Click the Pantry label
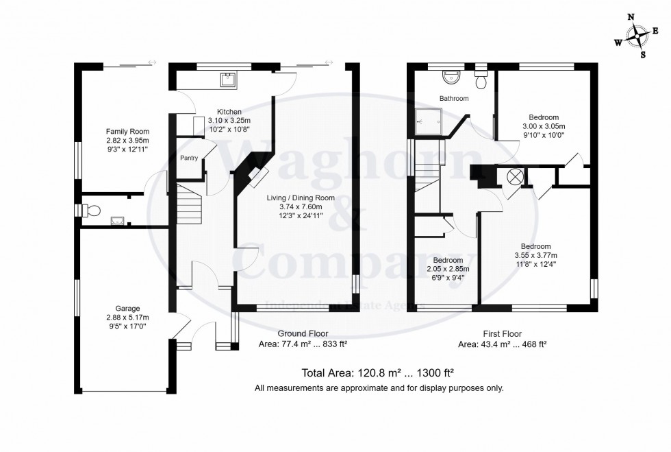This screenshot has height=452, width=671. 189,158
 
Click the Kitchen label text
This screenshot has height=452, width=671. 229,112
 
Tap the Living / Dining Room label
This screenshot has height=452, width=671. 301,198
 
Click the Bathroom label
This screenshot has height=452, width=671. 454,99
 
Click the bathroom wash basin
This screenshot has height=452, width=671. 451,76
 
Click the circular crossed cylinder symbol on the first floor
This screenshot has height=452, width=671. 514,176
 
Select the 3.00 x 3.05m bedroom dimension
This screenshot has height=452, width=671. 544,126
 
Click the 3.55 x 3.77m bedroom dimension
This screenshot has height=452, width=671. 535,256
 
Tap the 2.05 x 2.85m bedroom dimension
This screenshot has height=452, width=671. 444,270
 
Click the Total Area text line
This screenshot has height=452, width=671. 379,373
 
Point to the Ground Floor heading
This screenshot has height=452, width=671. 296,333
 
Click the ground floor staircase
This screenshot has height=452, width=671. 190,204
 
